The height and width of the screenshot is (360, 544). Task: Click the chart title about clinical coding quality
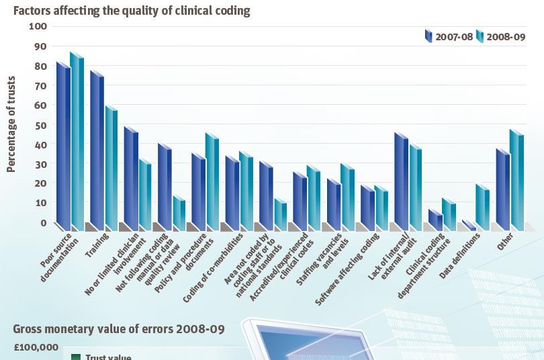132,10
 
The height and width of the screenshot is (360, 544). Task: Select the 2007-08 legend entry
449,37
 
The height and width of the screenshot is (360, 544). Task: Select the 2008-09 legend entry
500,37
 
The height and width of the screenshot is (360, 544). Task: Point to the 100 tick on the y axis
38,26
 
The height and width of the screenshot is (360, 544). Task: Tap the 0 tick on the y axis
43,223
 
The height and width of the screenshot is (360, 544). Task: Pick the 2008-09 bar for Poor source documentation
77,141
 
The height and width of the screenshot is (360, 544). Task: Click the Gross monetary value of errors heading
119,329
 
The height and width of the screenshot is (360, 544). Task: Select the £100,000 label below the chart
36,347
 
